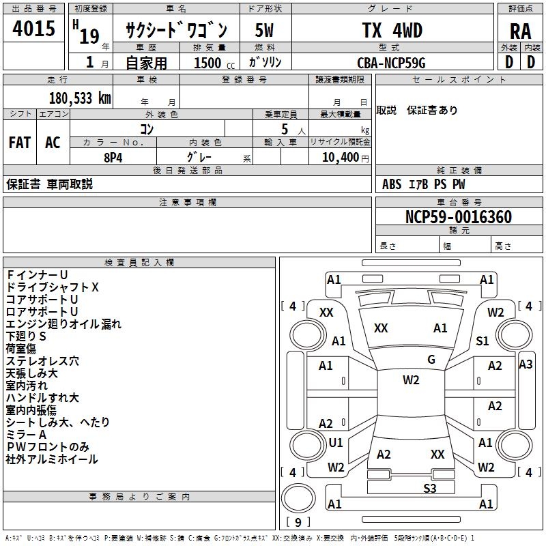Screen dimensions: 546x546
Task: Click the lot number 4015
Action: tap(34, 29)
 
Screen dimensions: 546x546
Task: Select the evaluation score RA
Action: tap(520, 31)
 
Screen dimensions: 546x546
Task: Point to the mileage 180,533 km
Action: tap(80, 98)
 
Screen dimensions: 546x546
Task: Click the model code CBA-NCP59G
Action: tap(391, 62)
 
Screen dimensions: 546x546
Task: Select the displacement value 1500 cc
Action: tap(210, 63)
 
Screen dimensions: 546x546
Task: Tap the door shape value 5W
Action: tap(265, 30)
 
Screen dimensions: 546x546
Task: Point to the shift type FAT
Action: tap(19, 142)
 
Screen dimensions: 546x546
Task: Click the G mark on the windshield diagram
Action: tap(431, 360)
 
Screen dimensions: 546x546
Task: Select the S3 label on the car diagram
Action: tap(429, 487)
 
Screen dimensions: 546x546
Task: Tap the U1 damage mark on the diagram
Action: tap(336, 443)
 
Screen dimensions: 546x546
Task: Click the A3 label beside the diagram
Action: tap(526, 364)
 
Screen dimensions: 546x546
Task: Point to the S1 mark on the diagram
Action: tap(483, 341)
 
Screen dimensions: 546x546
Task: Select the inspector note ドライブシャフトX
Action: tap(53, 287)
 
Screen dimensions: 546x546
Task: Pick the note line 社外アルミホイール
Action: tap(52, 459)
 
